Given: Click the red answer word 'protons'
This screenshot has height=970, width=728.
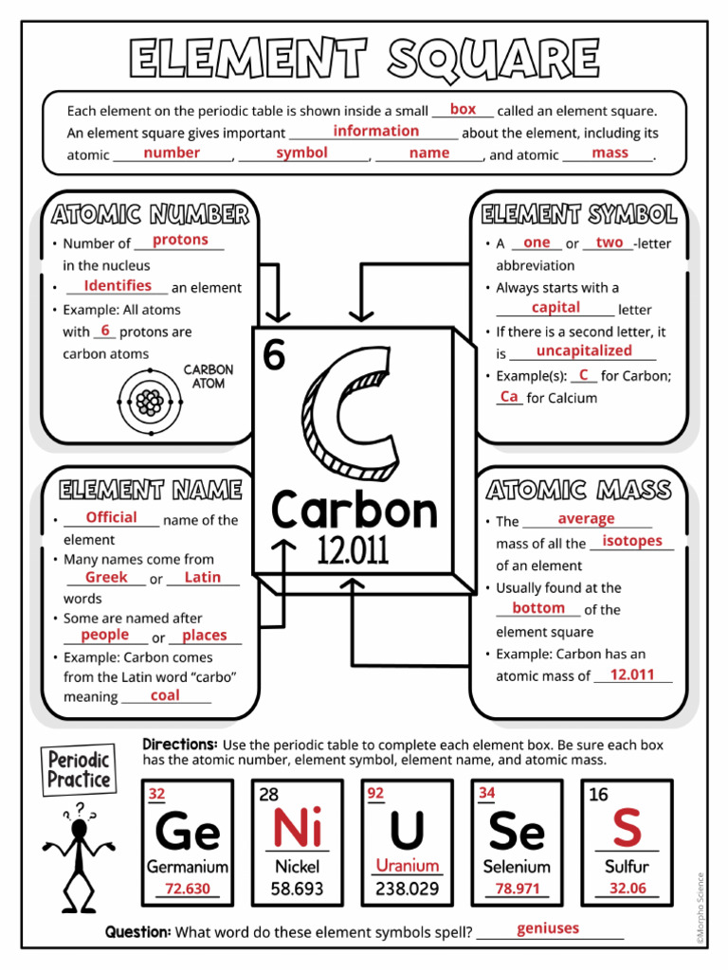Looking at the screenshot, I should [180, 241].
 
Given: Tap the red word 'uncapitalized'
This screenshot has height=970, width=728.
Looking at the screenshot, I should [583, 350].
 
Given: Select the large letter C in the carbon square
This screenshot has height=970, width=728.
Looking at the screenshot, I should [348, 413].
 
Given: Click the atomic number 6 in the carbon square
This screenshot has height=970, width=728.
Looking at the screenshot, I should [274, 356].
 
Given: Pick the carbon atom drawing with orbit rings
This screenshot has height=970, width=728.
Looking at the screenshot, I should [149, 403].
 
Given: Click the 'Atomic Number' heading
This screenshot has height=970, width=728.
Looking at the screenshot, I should [151, 214].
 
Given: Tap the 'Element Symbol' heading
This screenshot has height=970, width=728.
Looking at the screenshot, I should [578, 214].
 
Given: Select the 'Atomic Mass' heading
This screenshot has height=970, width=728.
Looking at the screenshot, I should [578, 490].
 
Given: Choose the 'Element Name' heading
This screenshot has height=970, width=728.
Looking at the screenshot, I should [151, 490].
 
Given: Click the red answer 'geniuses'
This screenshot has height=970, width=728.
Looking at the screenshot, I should [548, 928].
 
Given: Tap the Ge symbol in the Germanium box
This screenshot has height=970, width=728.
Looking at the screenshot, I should [188, 833].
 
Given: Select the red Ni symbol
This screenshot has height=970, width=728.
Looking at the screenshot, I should [297, 830].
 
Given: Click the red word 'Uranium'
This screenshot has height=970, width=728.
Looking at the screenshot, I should [408, 866].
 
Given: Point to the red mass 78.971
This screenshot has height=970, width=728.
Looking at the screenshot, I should [517, 889].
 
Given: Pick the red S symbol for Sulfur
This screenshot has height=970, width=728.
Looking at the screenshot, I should [627, 829].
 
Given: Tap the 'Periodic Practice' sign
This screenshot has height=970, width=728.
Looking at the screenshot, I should [80, 768].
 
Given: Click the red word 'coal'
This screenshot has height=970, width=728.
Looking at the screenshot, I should [165, 696].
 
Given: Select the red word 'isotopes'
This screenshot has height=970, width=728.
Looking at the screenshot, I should [632, 541].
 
